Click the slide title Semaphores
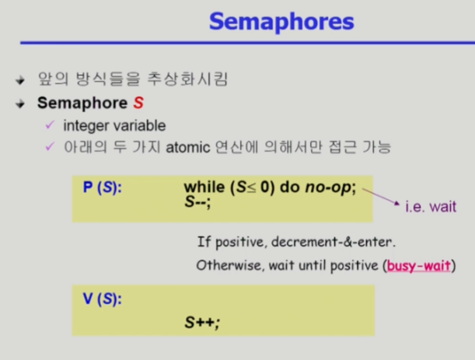281,22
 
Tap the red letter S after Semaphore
138,103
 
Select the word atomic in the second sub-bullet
188,148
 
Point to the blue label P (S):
103,187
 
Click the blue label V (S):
103,299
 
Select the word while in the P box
204,187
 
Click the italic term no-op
328,187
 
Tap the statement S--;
197,202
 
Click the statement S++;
202,322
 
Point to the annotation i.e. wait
431,207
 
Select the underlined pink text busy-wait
419,266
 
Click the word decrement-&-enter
334,242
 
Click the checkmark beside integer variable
50,124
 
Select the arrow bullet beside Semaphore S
20,104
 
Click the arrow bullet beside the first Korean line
20,80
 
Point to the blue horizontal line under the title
247,43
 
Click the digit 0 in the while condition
265,187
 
